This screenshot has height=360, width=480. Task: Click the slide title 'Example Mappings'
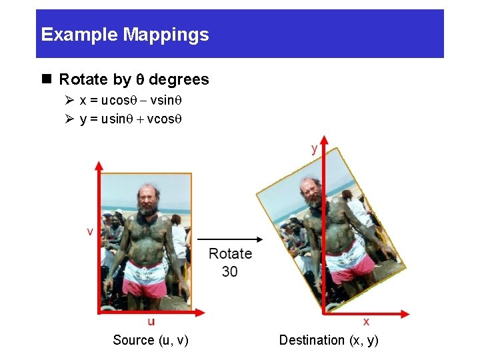[x=125, y=35]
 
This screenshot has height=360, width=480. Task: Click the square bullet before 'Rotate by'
[x=47, y=79]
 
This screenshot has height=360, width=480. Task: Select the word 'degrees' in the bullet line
[x=179, y=80]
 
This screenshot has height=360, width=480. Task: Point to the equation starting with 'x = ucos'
[x=131, y=101]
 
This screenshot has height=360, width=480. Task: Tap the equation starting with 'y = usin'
[x=131, y=119]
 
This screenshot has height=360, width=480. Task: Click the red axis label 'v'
[x=89, y=231]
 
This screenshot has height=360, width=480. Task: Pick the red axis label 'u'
[x=151, y=321]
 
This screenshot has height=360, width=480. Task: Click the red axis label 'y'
[x=314, y=149]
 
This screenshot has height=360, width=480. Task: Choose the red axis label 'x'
[x=367, y=321]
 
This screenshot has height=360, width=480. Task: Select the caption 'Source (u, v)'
[x=151, y=340]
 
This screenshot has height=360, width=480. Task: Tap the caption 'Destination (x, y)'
[x=329, y=340]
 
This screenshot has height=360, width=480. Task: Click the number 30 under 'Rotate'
[x=230, y=271]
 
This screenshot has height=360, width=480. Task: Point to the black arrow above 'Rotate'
[x=229, y=239]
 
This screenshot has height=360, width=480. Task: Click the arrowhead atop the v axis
[x=99, y=165]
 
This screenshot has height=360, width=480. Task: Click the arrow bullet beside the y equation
[x=69, y=119]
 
